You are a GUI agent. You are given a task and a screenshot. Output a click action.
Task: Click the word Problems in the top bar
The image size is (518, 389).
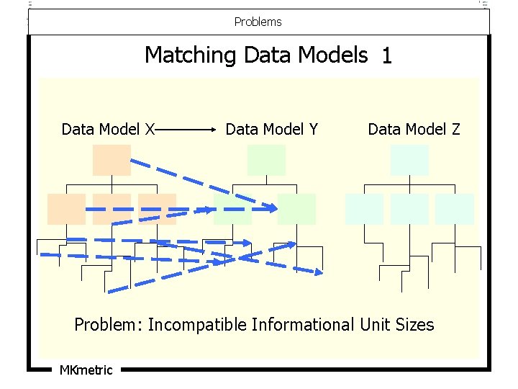pos(258,22)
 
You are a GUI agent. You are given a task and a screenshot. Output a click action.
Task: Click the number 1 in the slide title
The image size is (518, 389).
pos(387,56)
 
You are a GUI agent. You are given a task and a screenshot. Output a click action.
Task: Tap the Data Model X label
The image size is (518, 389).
pos(109,130)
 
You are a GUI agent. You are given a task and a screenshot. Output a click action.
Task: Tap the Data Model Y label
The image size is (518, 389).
pos(272,130)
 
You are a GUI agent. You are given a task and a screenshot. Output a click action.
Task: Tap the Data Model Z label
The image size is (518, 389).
pos(414,130)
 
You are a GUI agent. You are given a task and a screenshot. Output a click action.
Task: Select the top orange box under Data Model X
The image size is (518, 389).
pos(112,160)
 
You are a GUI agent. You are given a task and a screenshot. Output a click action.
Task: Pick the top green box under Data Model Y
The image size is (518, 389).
pos(266,160)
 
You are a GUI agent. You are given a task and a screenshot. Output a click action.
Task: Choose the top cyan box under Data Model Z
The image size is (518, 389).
pos(409,160)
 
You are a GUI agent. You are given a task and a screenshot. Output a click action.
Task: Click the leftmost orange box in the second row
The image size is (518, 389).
pos(66,209)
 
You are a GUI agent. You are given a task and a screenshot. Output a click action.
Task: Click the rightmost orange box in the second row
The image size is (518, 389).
pos(157,209)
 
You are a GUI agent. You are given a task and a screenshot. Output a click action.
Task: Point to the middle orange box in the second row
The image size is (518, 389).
pos(112,209)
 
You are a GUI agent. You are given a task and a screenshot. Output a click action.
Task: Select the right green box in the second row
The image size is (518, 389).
pos(296,209)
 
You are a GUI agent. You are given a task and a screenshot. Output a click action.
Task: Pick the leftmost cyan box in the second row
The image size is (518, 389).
pos(364,209)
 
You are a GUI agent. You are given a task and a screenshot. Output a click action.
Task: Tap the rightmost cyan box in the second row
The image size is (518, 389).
pos(455,209)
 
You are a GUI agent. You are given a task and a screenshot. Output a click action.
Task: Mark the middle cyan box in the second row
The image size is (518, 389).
pos(409,209)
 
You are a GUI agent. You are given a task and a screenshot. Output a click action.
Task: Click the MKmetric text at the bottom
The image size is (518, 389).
pos(86,370)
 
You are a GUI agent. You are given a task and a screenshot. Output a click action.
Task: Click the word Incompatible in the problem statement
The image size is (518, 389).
pos(196,325)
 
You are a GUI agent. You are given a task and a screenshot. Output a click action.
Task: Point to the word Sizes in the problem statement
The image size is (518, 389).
pos(414,325)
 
